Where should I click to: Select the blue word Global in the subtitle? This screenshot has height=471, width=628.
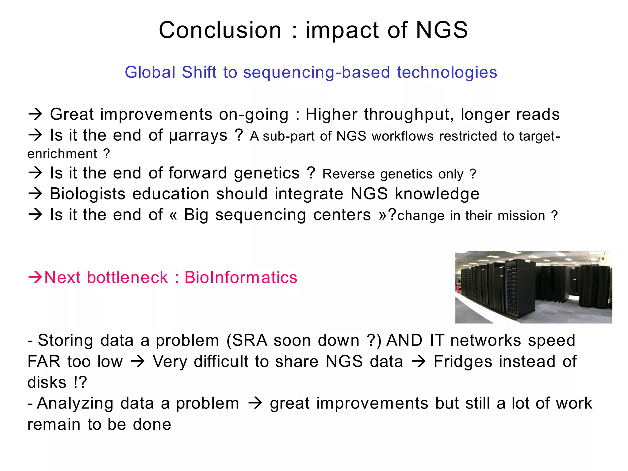click(x=150, y=72)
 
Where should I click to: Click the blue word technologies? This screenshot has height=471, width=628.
click(x=447, y=72)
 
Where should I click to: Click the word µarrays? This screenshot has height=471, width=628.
click(x=198, y=136)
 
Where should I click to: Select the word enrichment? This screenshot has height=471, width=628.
click(x=62, y=154)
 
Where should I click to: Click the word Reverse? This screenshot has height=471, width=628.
click(x=349, y=174)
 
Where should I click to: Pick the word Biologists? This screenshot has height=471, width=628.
click(x=88, y=194)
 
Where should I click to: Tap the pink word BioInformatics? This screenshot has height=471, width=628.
click(x=241, y=278)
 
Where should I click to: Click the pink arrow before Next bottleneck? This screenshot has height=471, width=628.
click(x=35, y=277)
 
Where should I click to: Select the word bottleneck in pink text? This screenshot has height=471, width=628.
click(x=128, y=278)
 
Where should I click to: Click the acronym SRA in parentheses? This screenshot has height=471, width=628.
click(x=250, y=340)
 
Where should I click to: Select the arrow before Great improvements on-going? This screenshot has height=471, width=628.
click(x=35, y=114)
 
